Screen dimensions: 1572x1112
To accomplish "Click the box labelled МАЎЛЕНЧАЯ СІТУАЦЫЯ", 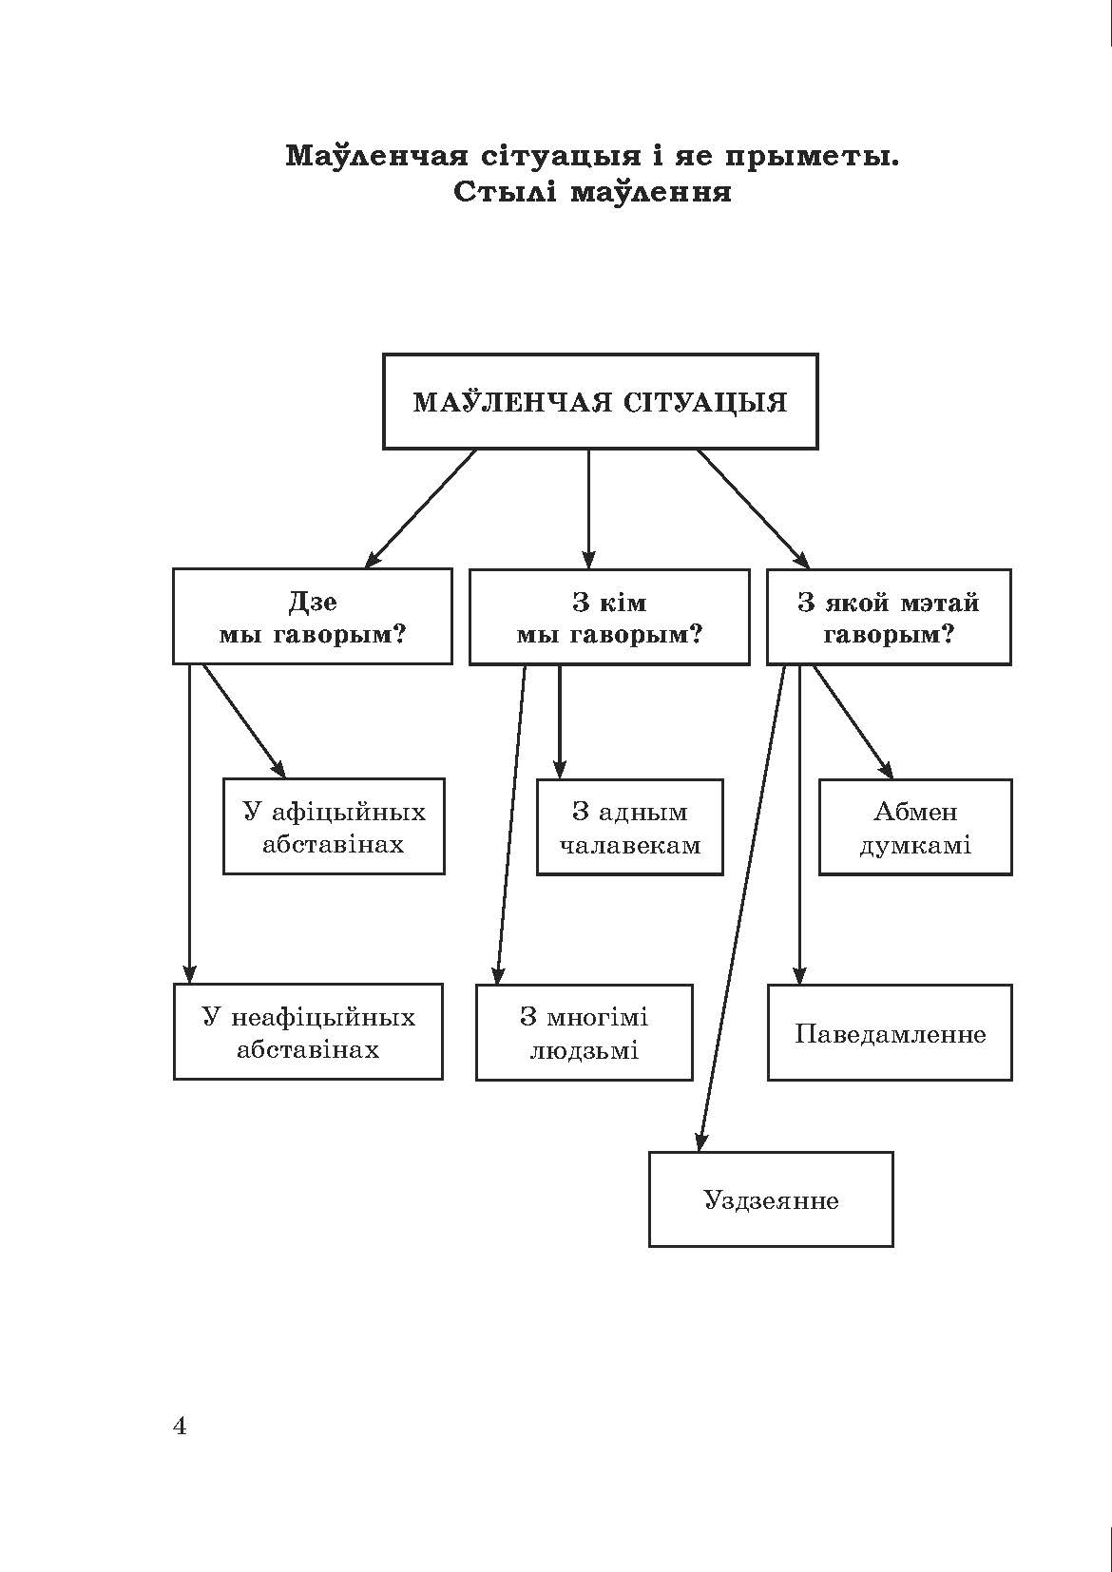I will point(600,401).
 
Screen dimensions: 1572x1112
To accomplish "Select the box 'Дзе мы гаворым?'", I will point(312,617).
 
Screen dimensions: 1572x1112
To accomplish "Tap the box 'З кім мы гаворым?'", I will point(608,617).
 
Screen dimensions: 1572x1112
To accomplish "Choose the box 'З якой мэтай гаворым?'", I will point(889,617).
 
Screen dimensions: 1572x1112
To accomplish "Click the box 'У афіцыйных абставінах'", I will point(334,827).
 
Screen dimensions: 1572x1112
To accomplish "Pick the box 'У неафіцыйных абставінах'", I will point(308,1032).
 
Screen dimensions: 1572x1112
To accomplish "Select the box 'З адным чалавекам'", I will point(629,827).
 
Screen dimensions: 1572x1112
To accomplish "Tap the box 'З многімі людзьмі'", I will point(584,1032).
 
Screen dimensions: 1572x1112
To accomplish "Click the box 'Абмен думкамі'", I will point(915,827).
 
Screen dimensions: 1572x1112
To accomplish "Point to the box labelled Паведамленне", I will point(890,1033).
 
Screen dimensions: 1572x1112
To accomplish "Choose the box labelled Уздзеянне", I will point(771,1199).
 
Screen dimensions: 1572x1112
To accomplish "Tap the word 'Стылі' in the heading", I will point(503,193).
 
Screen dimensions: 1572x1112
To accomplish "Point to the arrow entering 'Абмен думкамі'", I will point(853,722).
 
